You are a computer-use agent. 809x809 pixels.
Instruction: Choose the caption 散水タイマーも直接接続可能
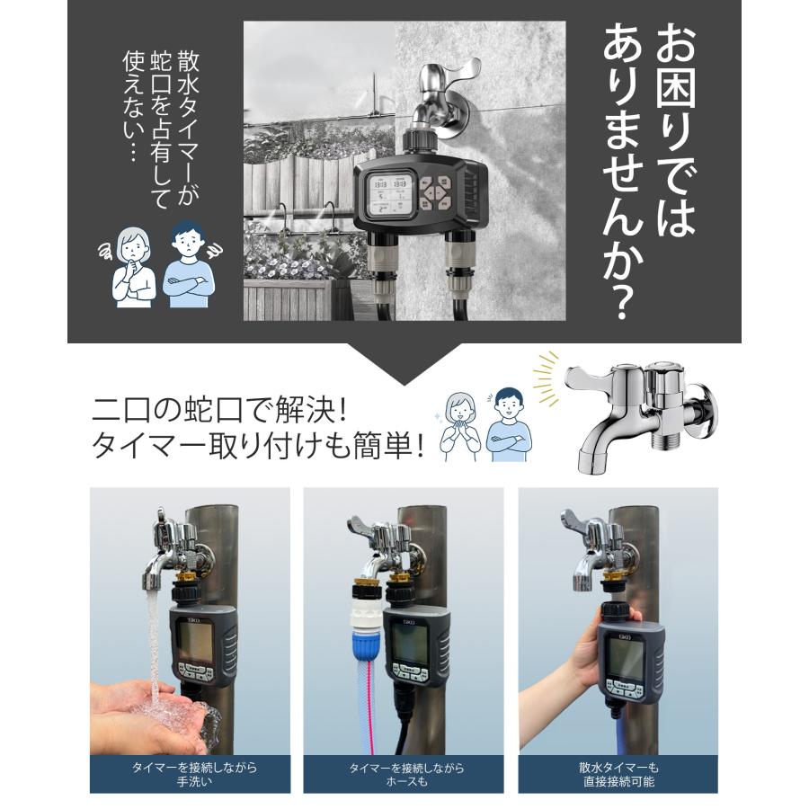(x=618, y=774)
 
